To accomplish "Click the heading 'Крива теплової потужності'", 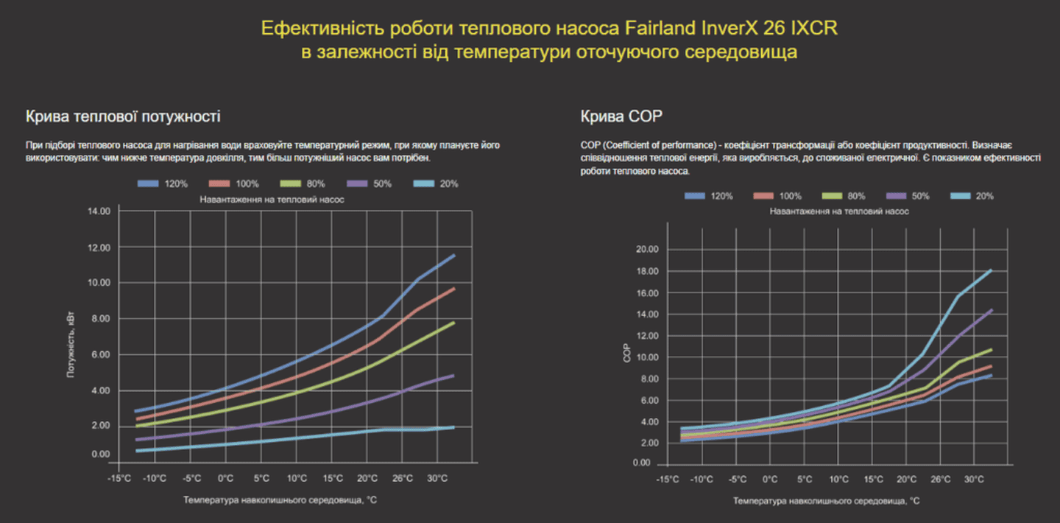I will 123,116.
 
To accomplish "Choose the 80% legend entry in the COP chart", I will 846,196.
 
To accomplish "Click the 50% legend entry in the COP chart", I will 910,196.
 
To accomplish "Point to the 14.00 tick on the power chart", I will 99,211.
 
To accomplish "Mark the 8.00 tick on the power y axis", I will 99,319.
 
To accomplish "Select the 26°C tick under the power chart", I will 402,479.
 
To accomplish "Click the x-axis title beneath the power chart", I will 281,499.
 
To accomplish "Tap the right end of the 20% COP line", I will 992,270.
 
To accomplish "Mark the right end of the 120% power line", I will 454,256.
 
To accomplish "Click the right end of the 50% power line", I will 454,376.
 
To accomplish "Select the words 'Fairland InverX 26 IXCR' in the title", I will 731,29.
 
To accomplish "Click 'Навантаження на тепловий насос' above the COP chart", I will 838,211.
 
